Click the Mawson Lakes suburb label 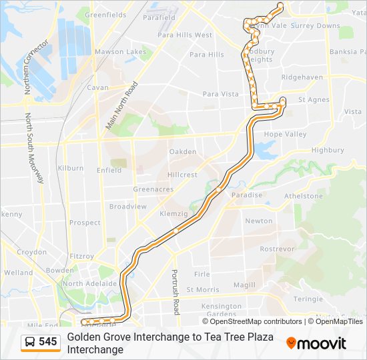[x=120, y=51]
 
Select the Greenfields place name [x=106, y=14]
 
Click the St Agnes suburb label [x=314, y=100]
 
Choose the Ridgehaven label [x=302, y=77]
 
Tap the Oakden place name [x=183, y=152]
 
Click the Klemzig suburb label [x=174, y=214]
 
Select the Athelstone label [x=304, y=196]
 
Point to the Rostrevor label [x=277, y=248]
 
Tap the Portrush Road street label [x=175, y=292]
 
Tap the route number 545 [x=48, y=342]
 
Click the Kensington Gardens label [x=222, y=310]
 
